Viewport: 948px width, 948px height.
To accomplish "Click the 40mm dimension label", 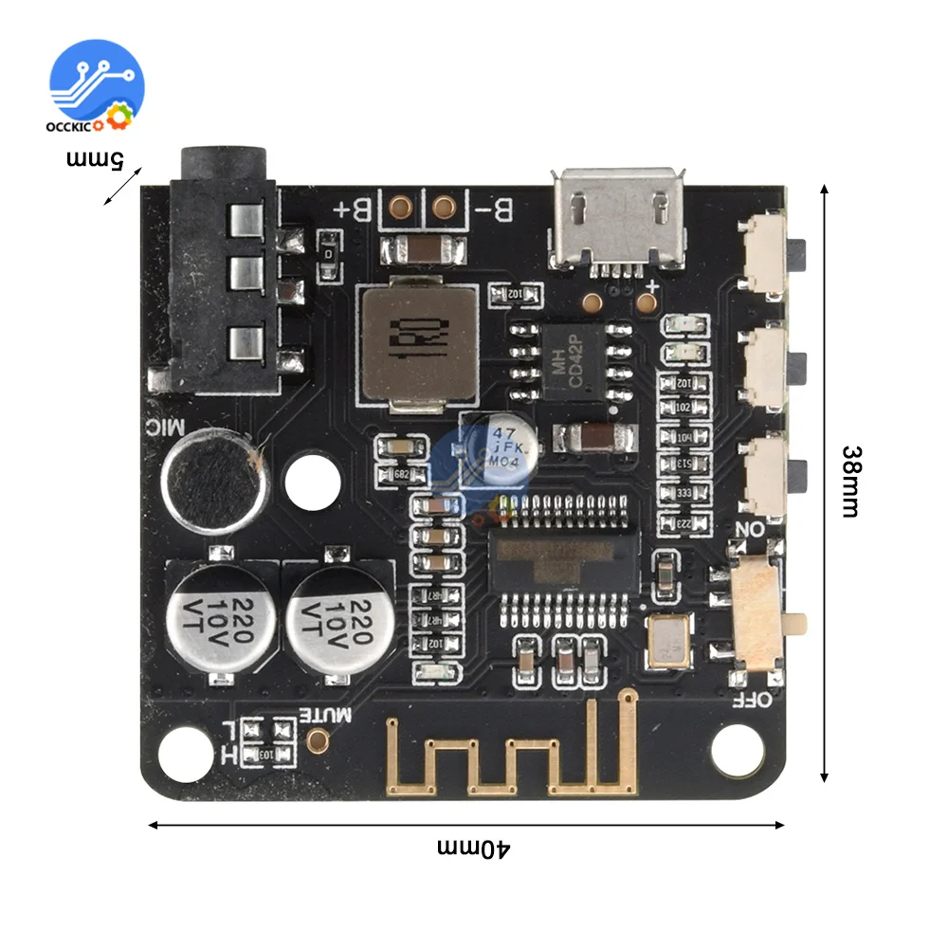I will (474, 847).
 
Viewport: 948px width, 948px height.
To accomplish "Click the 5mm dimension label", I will (95, 158).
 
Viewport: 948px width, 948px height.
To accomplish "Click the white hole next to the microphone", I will (312, 481).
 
